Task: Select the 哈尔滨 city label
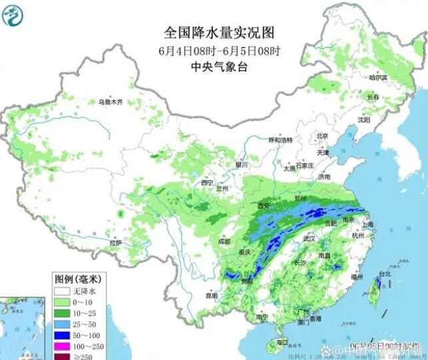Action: tap(378, 78)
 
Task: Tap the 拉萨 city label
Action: tap(116, 244)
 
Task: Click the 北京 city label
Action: tap(322, 135)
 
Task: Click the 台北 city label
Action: tap(383, 273)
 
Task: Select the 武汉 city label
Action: tap(308, 238)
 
